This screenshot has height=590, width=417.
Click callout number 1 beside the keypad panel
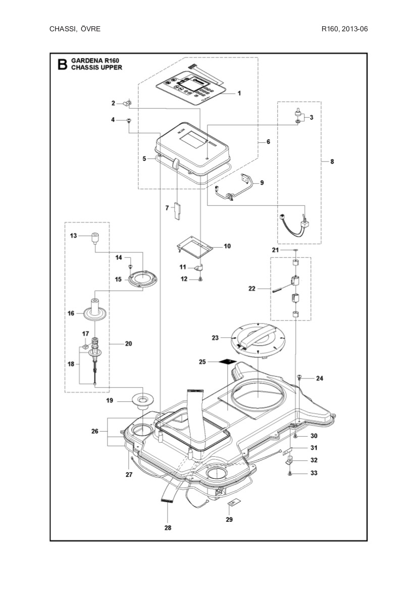[239, 93]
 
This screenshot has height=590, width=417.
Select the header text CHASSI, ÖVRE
[75, 29]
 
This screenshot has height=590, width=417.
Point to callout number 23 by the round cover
[216, 338]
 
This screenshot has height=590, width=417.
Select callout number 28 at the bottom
[168, 528]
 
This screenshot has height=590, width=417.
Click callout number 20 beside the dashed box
[128, 343]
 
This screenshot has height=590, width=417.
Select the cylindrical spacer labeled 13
[94, 237]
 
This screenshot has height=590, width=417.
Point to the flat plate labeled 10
[195, 245]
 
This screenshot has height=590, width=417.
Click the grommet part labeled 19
[143, 401]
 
